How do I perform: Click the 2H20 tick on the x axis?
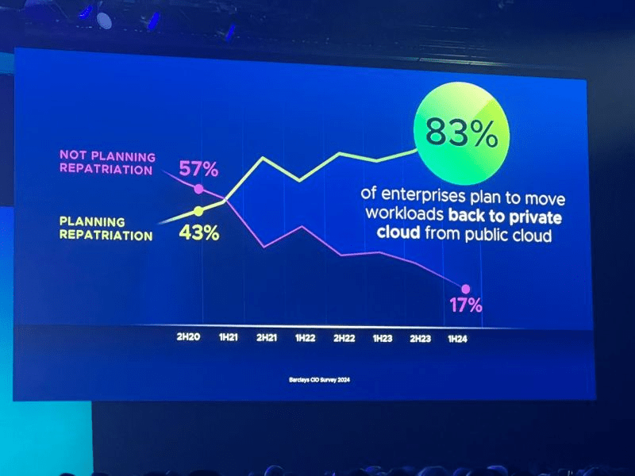[x=189, y=337]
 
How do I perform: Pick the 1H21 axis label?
[x=228, y=337]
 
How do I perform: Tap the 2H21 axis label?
[x=267, y=337]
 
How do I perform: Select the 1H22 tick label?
[x=305, y=337]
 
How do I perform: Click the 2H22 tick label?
[x=344, y=338]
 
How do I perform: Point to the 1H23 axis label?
[x=383, y=338]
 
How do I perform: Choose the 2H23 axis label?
[x=421, y=339]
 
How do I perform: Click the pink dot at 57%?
[x=198, y=189]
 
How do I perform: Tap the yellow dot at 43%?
[x=198, y=211]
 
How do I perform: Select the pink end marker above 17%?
[x=465, y=289]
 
